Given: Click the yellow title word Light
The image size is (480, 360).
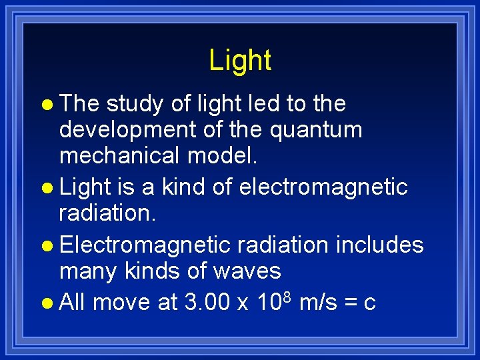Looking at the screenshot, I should [x=240, y=60].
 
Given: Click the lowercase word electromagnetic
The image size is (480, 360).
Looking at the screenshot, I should [x=323, y=188].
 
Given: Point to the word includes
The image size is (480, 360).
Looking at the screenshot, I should [x=379, y=245].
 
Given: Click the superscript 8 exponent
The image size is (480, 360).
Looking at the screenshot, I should [x=287, y=296].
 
